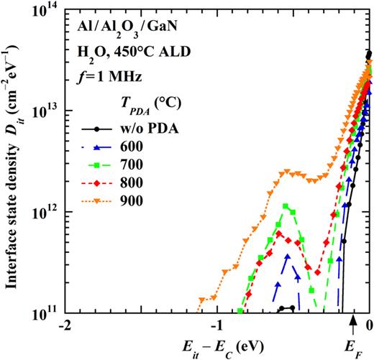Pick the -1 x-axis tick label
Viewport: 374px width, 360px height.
tap(216, 325)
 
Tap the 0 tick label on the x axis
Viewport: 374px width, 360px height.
tap(369, 325)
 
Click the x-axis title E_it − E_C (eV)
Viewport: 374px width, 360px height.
tap(219, 346)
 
